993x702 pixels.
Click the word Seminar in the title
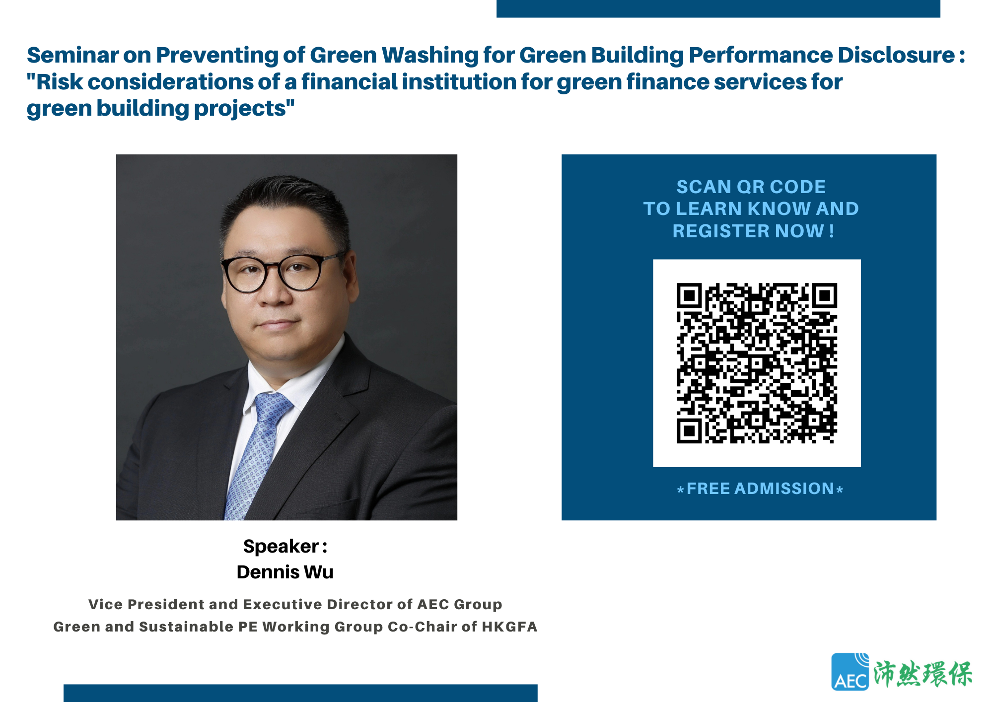[73, 55]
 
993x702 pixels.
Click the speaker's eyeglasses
[281, 271]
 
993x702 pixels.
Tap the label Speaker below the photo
[281, 546]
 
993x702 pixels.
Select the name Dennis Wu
[285, 572]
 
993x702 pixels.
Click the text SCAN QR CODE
[751, 187]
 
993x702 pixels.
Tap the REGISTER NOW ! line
[753, 231]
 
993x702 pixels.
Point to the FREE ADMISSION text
[760, 489]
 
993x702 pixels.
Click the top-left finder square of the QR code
[689, 296]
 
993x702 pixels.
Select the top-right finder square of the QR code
[825, 296]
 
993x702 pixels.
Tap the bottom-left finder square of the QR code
[689, 430]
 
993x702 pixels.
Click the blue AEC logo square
[850, 672]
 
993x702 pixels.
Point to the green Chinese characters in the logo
[923, 674]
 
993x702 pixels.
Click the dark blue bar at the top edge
[718, 8]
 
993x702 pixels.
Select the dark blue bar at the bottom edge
[300, 693]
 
